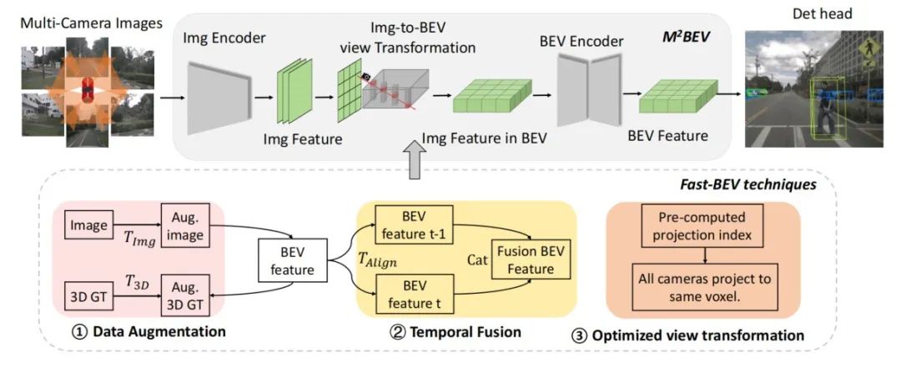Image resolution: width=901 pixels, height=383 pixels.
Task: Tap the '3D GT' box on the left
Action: (x=88, y=294)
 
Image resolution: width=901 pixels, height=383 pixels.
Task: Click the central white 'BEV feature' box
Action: (x=288, y=260)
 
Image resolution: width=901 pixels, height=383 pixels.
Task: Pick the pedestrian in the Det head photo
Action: (x=825, y=109)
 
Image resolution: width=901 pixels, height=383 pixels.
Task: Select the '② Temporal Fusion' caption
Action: (x=455, y=332)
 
